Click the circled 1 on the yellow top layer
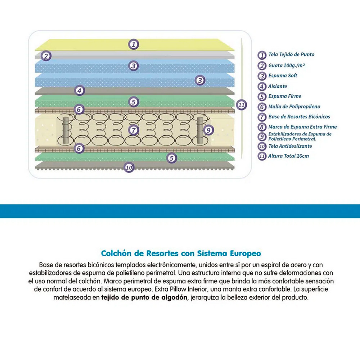click(x=134, y=45)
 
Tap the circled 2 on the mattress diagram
click(x=46, y=56)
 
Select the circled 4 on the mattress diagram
click(x=80, y=91)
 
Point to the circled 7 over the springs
click(x=134, y=130)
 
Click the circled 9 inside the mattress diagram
click(x=208, y=130)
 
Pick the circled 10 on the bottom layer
click(x=129, y=167)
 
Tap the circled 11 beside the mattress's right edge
click(x=242, y=105)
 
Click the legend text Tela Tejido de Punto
click(x=291, y=55)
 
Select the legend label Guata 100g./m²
click(x=286, y=66)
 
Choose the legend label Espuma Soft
click(x=283, y=76)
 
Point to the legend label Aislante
click(x=278, y=86)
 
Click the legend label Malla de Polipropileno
click(x=294, y=107)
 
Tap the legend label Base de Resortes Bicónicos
click(x=299, y=117)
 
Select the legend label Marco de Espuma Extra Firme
click(x=302, y=127)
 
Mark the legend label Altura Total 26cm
click(x=288, y=156)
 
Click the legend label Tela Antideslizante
click(x=290, y=146)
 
